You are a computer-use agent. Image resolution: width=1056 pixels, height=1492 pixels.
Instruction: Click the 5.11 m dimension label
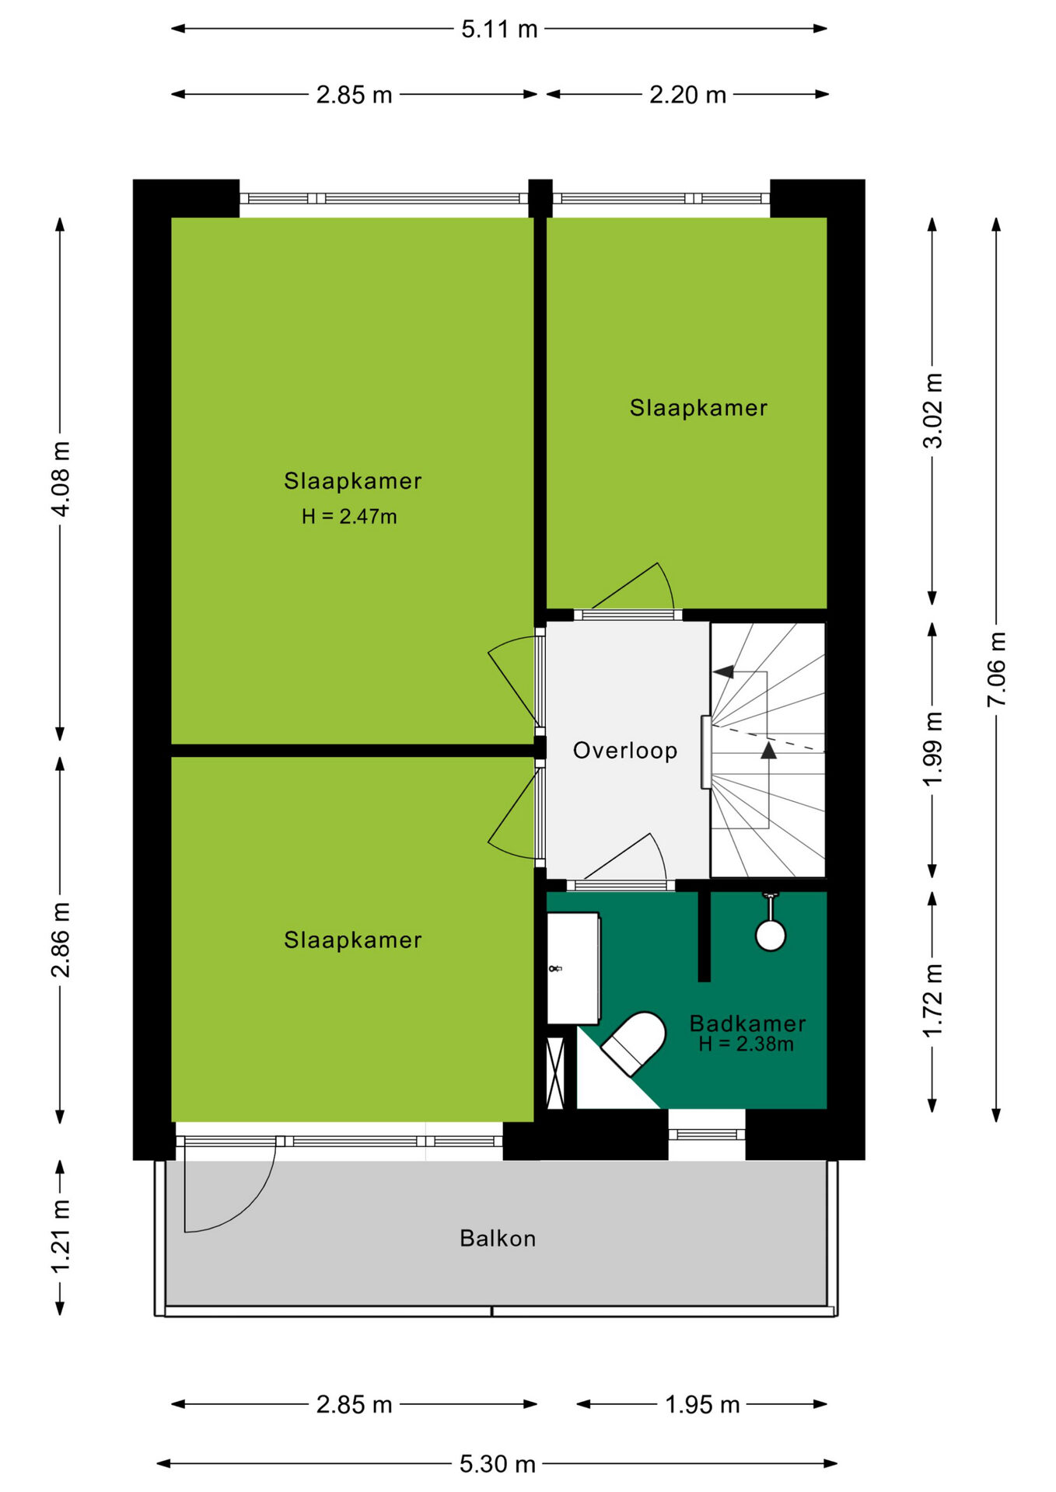pyautogui.click(x=499, y=30)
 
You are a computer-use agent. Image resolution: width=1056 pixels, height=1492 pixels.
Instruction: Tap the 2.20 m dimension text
pyautogui.click(x=687, y=95)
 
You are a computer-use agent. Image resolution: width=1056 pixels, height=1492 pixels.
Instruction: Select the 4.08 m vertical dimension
pyautogui.click(x=61, y=479)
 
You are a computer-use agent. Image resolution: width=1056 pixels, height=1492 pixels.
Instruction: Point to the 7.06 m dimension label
pyautogui.click(x=996, y=669)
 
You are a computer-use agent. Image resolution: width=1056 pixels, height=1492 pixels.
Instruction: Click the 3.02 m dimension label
pyautogui.click(x=932, y=411)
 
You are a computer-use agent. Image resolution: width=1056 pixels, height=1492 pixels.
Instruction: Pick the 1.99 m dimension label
pyautogui.click(x=932, y=749)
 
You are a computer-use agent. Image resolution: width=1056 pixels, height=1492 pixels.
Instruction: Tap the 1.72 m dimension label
pyautogui.click(x=932, y=1000)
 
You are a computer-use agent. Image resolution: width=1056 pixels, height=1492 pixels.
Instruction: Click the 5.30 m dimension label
pyautogui.click(x=498, y=1464)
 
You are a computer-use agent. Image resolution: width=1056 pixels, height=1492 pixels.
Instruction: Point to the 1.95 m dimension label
pyautogui.click(x=702, y=1405)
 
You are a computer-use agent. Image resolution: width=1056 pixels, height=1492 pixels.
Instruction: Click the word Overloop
pyautogui.click(x=625, y=751)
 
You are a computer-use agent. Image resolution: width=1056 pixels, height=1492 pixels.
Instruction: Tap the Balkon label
pyautogui.click(x=498, y=1239)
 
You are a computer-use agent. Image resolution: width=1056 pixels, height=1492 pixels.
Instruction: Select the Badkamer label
pyautogui.click(x=747, y=1023)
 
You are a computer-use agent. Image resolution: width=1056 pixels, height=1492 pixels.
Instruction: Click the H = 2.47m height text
pyautogui.click(x=349, y=517)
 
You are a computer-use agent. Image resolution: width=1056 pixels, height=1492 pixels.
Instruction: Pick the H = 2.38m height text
pyautogui.click(x=746, y=1044)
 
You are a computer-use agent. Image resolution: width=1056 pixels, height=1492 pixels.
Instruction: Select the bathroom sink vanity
pyautogui.click(x=574, y=968)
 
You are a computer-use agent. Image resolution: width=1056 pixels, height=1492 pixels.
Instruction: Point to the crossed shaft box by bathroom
pyautogui.click(x=555, y=1072)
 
